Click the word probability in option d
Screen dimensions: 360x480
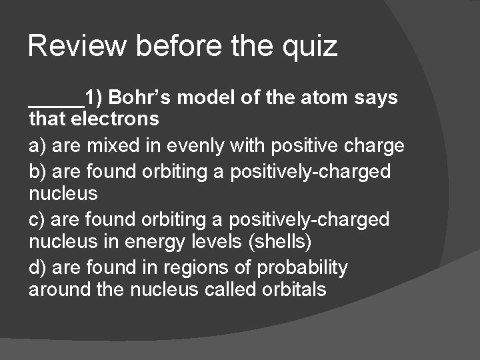303,268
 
